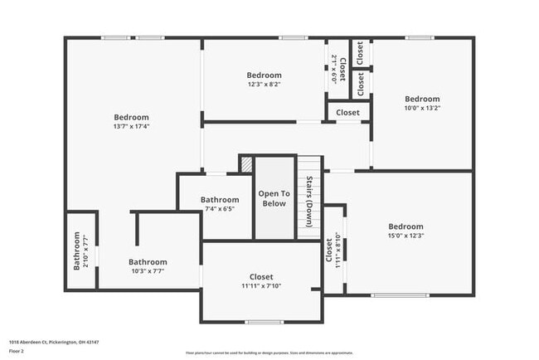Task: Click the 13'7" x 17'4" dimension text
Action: click(131, 127)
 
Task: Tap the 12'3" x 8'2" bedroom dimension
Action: click(264, 84)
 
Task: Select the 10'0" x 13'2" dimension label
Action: click(421, 107)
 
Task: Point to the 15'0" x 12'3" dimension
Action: click(405, 236)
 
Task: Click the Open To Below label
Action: click(274, 198)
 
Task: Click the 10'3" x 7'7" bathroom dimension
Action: click(148, 271)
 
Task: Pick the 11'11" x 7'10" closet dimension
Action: click(261, 286)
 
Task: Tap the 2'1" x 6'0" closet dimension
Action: click(333, 68)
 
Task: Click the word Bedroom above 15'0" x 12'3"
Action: click(405, 226)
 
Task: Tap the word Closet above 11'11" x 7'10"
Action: click(261, 277)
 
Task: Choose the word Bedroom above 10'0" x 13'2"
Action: click(421, 98)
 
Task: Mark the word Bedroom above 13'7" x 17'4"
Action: click(131, 117)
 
